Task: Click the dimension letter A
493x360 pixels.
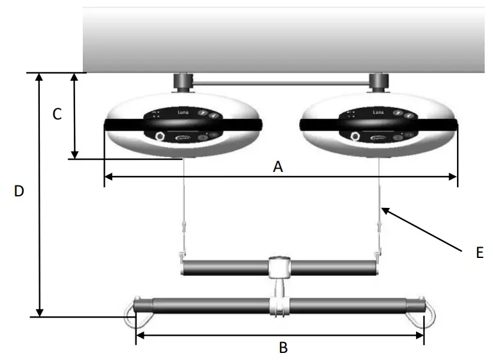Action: (x=278, y=167)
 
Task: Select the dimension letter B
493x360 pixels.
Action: (x=282, y=348)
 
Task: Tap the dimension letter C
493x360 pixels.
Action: (x=57, y=114)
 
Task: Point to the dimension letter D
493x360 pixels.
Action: (x=19, y=191)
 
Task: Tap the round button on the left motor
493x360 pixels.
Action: (x=160, y=136)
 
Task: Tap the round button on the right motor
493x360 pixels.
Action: (x=355, y=136)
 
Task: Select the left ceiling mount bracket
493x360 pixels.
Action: (x=183, y=82)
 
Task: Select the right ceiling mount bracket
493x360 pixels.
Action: (x=379, y=82)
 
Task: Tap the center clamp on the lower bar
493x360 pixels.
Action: (x=279, y=304)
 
